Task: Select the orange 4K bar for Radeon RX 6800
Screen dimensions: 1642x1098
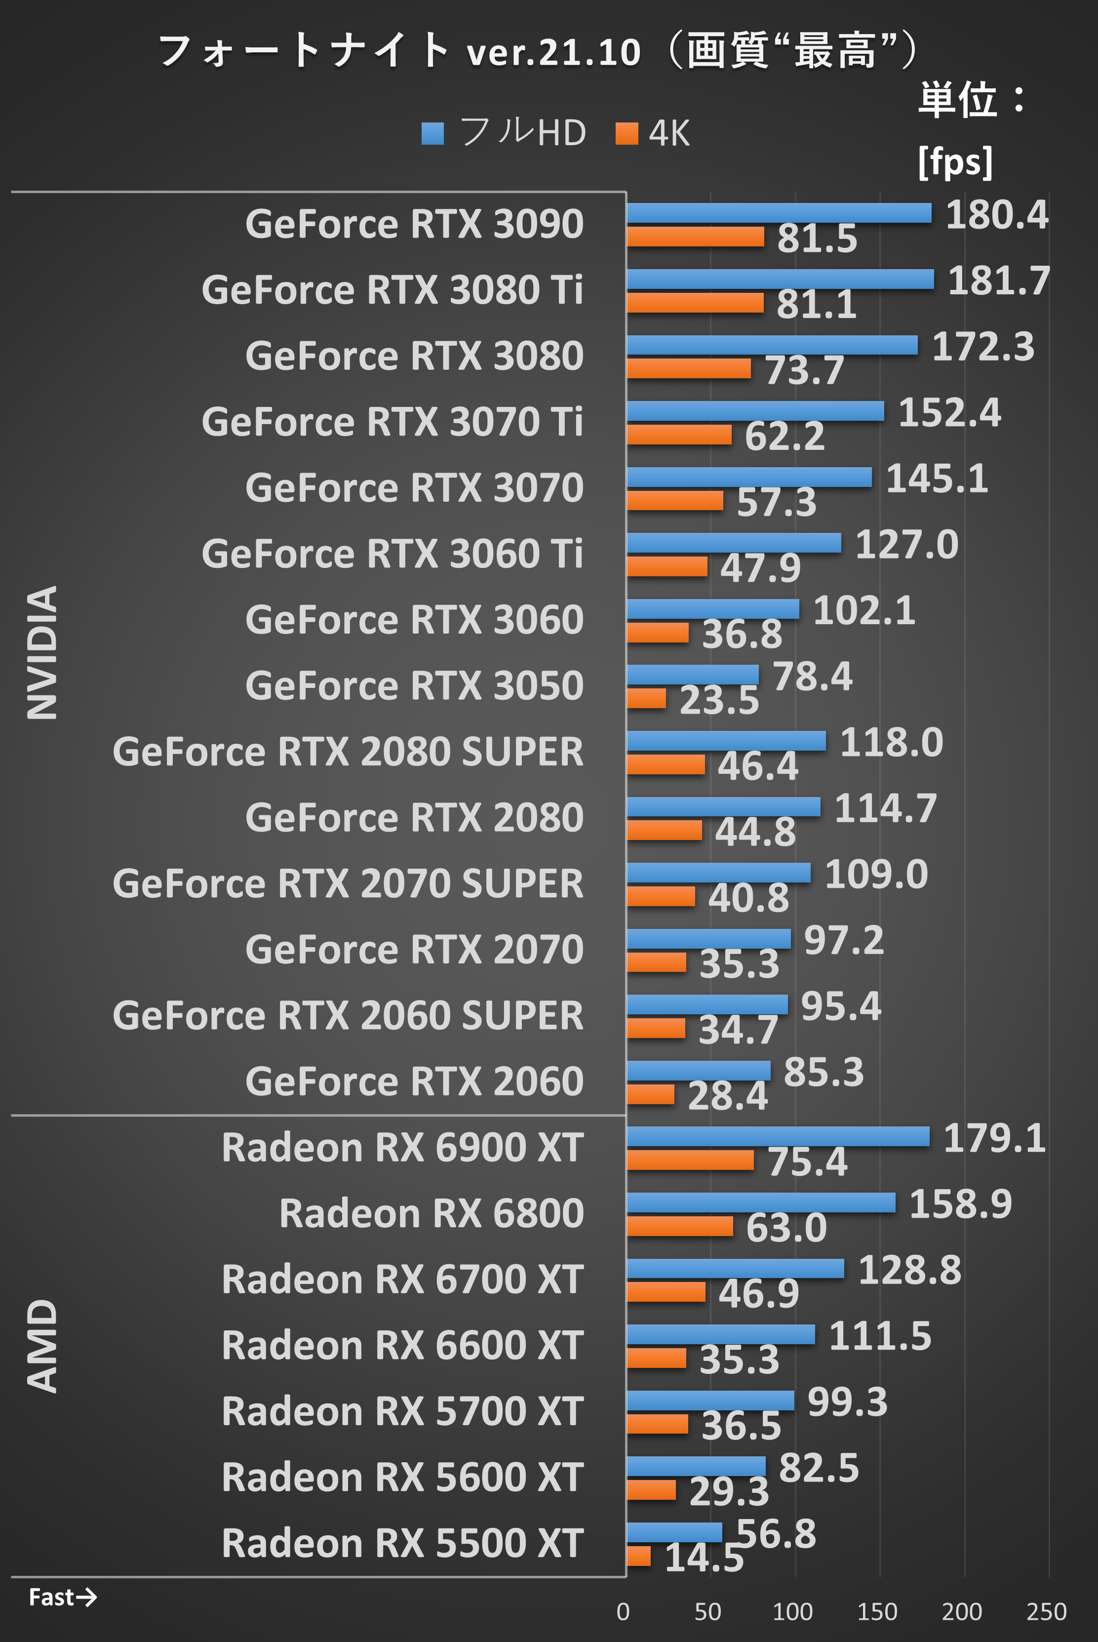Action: [x=679, y=1226]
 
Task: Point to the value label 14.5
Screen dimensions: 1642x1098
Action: [x=704, y=1558]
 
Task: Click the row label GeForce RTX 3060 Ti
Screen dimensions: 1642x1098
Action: [x=392, y=554]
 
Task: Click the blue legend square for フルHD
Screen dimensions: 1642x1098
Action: [x=433, y=133]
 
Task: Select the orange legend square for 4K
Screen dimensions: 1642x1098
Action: [x=627, y=133]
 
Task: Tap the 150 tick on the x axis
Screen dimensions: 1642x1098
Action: [x=877, y=1611]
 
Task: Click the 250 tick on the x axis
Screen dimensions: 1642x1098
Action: [x=1046, y=1611]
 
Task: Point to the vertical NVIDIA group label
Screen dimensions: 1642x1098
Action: [x=42, y=651]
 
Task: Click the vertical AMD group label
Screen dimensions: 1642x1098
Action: [x=42, y=1345]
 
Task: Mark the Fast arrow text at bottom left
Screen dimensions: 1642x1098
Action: [x=62, y=1597]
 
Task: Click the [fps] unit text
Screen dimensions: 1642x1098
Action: [x=955, y=162]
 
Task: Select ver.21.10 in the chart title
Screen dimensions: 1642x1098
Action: [x=553, y=52]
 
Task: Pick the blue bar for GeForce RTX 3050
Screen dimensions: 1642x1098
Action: [x=692, y=675]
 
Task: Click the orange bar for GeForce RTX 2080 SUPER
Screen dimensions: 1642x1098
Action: [x=665, y=764]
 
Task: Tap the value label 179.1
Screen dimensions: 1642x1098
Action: [x=994, y=1138]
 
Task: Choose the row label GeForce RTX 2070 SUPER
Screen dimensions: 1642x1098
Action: [x=348, y=883]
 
